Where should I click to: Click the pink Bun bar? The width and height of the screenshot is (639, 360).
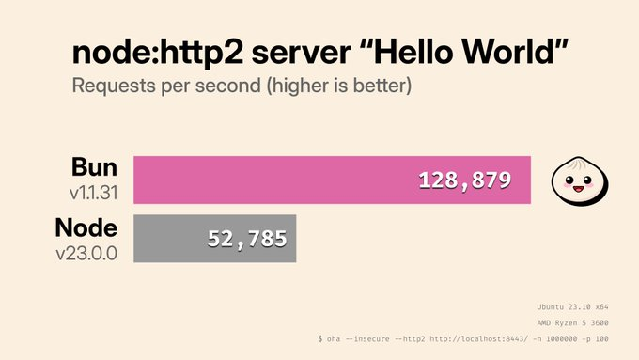(282, 179)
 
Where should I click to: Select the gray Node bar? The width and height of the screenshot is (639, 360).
(169, 239)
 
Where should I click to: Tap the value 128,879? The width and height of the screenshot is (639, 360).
(465, 179)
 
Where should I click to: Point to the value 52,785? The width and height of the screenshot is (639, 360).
(246, 239)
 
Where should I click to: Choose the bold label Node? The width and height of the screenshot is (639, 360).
(86, 229)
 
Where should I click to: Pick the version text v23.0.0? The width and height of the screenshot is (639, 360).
(86, 253)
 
